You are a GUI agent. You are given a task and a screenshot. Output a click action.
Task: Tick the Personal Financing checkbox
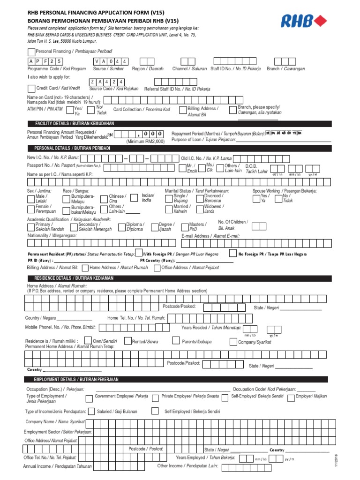[x=31, y=51]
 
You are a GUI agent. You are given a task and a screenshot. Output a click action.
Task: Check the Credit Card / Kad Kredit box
[x=31, y=88]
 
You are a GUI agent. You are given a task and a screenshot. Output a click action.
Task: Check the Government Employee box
[x=89, y=398]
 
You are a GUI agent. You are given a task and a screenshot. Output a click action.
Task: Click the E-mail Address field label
[x=210, y=236]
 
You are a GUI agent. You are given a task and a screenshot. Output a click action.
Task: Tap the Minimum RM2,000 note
[x=145, y=141]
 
